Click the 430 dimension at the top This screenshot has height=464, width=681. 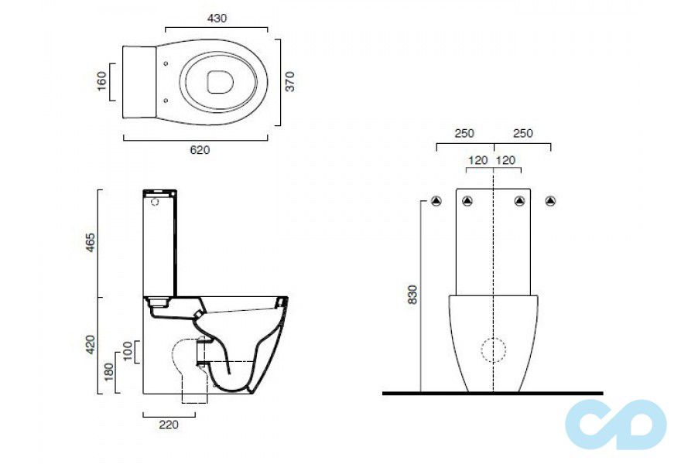(x=217, y=19)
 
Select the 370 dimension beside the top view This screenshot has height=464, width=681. (x=290, y=81)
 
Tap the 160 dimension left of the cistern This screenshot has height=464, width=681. (x=101, y=81)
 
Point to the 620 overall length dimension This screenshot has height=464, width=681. (x=200, y=150)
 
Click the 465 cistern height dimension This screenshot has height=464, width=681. (x=90, y=242)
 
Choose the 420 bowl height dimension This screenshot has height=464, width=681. (x=90, y=344)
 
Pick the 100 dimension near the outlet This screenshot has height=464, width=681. (x=128, y=351)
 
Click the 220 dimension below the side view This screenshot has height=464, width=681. (x=169, y=424)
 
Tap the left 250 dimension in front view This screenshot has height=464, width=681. (x=464, y=134)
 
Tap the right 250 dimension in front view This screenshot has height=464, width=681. (x=523, y=134)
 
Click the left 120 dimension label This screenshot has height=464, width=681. (x=478, y=160)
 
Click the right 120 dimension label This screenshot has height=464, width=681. (x=507, y=160)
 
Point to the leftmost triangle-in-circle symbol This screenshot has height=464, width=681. (x=436, y=202)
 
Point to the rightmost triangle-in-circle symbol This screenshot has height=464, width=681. (x=550, y=202)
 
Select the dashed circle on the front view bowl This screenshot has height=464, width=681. (x=493, y=350)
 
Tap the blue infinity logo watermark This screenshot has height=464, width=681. (x=616, y=424)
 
